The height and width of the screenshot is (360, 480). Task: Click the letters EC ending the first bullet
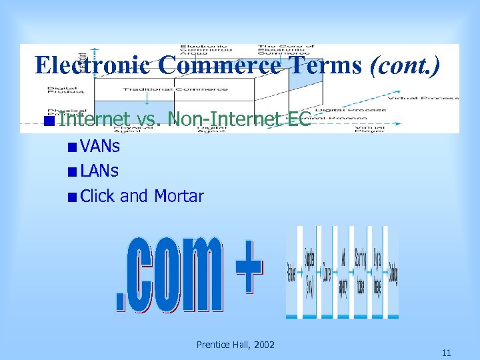coord(299,119)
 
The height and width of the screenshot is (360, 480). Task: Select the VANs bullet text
coord(99,145)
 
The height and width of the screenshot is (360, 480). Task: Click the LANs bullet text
coord(99,171)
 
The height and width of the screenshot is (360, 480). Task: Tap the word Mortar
coord(179,196)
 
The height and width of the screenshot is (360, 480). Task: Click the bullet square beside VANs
coord(71,146)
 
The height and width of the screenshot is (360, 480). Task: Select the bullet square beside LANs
coord(71,171)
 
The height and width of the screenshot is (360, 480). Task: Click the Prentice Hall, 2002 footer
coord(235,345)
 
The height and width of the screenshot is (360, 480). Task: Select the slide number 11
coord(446,353)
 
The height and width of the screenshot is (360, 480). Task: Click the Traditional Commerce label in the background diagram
coord(147,89)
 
